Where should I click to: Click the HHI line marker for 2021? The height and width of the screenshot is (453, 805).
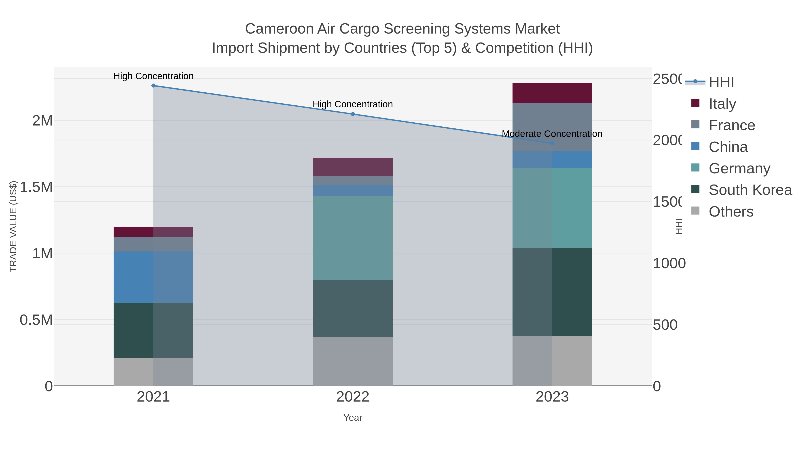click(x=153, y=86)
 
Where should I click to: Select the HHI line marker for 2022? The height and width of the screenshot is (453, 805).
click(x=353, y=114)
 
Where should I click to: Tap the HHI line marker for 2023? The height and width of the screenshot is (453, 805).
click(x=552, y=143)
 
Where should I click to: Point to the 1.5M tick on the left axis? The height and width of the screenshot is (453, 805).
click(x=36, y=187)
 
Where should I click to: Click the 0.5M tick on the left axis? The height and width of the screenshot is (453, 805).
click(x=36, y=320)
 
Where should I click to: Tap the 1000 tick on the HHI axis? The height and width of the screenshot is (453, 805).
click(x=669, y=263)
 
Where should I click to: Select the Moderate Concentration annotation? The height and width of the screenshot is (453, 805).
click(x=552, y=134)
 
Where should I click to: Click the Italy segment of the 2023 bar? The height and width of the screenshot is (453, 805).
click(x=552, y=93)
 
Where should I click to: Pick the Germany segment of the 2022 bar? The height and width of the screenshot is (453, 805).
click(x=353, y=238)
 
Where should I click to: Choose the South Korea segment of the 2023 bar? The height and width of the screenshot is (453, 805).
click(x=552, y=292)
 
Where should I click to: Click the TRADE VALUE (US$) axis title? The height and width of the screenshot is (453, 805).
click(x=13, y=226)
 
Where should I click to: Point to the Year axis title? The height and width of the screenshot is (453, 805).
click(x=353, y=418)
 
